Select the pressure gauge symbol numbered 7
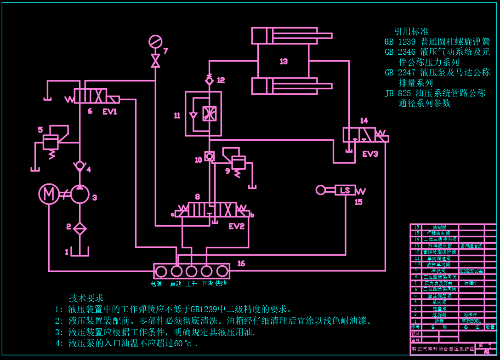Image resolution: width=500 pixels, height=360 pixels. click(155, 42)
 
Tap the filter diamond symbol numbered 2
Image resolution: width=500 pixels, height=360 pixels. click(80, 228)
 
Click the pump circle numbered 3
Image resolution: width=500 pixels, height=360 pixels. click(80, 194)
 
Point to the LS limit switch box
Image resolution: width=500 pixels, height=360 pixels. click(345, 190)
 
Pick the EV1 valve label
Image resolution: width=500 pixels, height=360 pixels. click(110, 111)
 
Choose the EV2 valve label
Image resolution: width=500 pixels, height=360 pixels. click(236, 226)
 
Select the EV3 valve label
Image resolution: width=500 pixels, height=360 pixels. click(370, 154)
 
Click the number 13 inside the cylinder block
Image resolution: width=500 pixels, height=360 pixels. click(284, 61)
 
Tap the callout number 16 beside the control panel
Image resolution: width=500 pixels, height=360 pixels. click(241, 263)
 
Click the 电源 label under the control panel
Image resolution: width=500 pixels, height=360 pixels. click(156, 284)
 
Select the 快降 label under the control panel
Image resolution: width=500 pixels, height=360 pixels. click(221, 284)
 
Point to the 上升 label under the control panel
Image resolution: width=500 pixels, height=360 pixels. click(192, 284)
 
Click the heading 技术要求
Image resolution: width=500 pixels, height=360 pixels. click(86, 298)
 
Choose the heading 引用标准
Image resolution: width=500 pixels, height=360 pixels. click(411, 31)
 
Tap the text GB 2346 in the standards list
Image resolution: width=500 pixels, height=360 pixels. click(400, 52)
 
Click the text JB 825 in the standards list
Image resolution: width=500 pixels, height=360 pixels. click(398, 93)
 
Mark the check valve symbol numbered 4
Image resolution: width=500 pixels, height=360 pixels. click(80, 166)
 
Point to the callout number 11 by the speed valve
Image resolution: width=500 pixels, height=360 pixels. click(177, 115)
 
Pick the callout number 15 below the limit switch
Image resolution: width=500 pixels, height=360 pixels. click(358, 201)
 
